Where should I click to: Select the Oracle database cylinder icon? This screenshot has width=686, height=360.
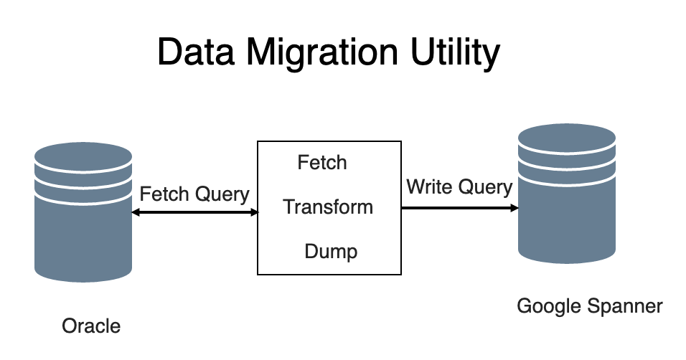[83, 212]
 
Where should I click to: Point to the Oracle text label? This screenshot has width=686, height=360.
[91, 326]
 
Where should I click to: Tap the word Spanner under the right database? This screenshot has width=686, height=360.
[627, 307]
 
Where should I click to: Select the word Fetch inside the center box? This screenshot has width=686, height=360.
[322, 163]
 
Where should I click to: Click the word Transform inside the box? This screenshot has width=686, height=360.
[328, 207]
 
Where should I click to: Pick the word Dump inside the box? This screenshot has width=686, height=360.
[331, 252]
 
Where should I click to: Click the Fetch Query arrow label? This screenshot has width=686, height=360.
[194, 194]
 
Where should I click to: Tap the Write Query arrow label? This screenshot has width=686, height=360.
[459, 187]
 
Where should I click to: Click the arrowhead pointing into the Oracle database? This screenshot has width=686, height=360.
[136, 212]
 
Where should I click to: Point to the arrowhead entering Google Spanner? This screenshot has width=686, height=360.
[514, 208]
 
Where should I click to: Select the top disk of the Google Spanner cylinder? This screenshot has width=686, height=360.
[566, 137]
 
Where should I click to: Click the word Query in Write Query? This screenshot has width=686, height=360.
[485, 187]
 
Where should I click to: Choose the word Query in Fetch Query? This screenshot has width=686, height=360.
[222, 194]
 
